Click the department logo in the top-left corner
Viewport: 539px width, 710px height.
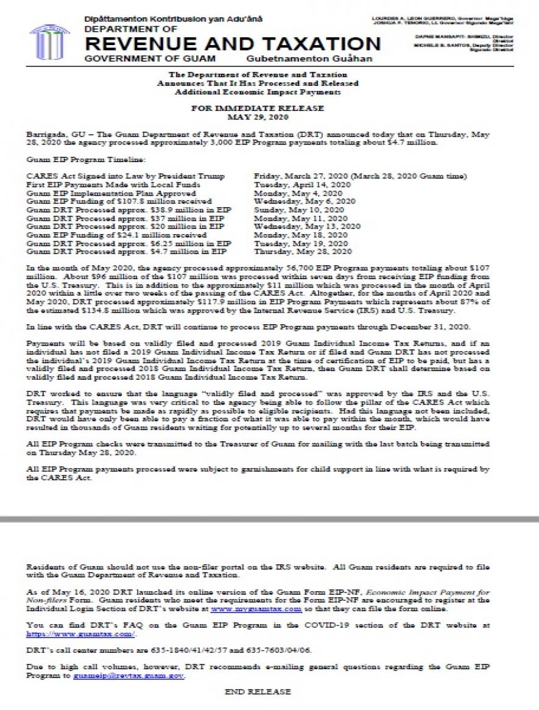pos(50,40)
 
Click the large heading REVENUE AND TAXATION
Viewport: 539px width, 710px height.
pos(233,44)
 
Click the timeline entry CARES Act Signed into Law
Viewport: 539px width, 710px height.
pos(126,176)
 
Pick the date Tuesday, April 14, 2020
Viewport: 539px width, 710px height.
pos(303,184)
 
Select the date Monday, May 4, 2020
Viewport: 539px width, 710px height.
pos(299,193)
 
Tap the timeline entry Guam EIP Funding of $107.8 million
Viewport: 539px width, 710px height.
pos(119,201)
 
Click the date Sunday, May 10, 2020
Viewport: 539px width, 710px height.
pos(299,209)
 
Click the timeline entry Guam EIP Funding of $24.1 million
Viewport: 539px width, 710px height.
pos(117,234)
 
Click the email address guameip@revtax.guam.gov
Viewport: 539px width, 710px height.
pos(129,676)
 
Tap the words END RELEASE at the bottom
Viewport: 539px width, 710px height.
pos(258,692)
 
